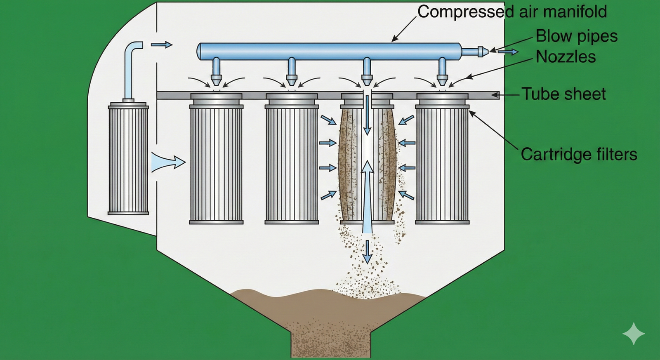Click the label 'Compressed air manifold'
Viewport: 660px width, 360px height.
tap(512, 12)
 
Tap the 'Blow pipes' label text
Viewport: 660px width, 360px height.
tap(576, 36)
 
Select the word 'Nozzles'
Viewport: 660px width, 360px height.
tap(566, 57)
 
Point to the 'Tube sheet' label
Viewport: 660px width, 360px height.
tap(563, 94)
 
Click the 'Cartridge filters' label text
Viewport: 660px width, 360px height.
tap(579, 154)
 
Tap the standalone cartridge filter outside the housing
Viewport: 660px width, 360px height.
tap(128, 159)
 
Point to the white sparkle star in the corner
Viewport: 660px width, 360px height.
tap(633, 333)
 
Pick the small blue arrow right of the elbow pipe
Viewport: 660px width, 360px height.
tap(161, 45)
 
